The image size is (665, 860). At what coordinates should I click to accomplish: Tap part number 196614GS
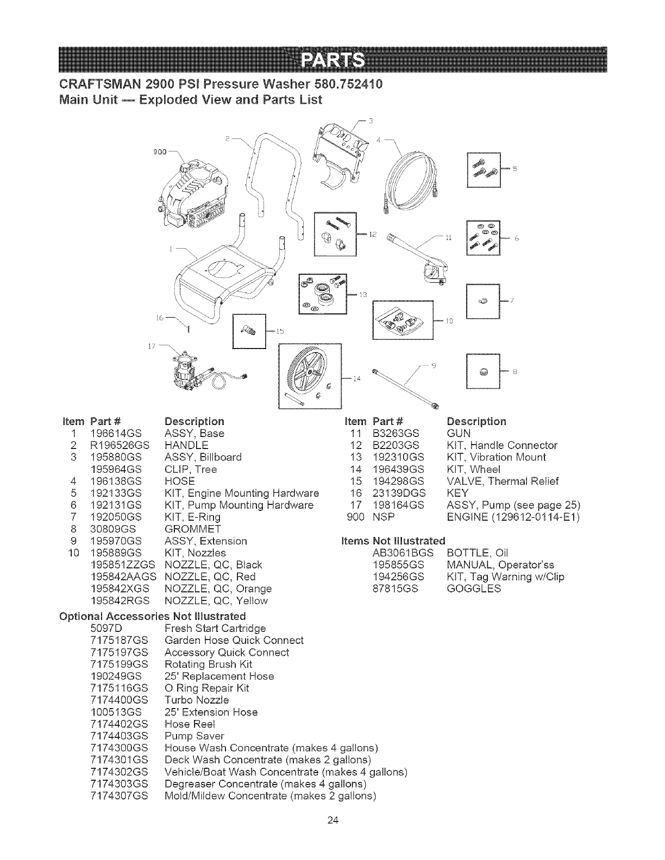click(x=116, y=433)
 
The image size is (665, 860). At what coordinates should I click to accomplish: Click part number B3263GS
click(x=395, y=433)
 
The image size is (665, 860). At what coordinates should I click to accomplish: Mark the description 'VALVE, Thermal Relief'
click(x=503, y=481)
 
